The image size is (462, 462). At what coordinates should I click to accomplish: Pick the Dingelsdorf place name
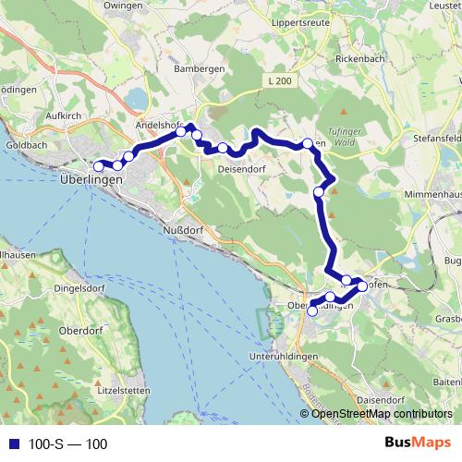(x=55, y=287)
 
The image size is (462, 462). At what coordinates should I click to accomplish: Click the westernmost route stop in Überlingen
(x=99, y=166)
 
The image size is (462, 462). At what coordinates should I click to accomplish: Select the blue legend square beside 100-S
(x=14, y=444)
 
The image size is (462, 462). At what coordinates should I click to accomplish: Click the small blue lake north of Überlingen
(x=138, y=97)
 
